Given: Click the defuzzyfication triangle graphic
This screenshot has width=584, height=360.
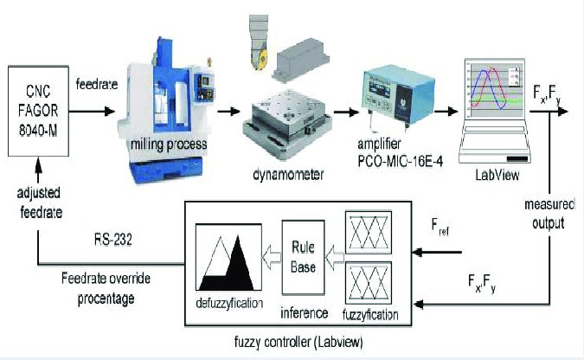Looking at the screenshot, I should tap(228, 258).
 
